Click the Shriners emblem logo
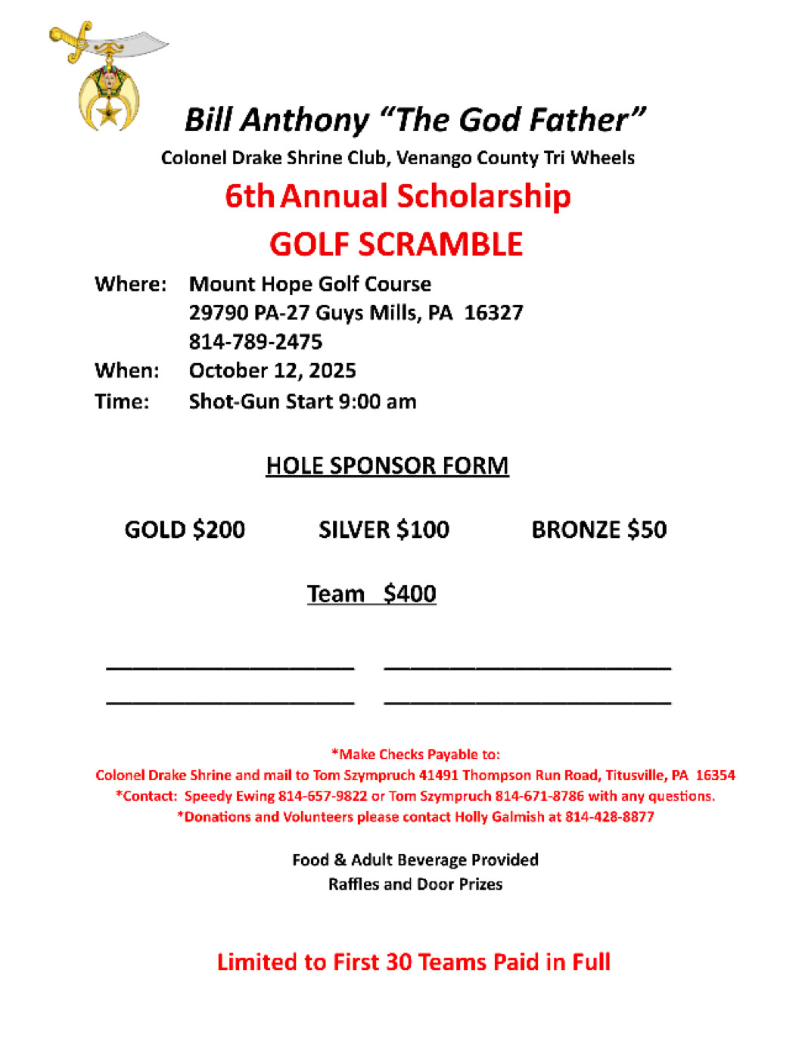(107, 77)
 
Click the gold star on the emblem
(109, 115)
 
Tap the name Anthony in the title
(306, 120)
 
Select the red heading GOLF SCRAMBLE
(396, 244)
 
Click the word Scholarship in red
(484, 196)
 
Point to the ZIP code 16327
(493, 312)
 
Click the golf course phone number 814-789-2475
(256, 342)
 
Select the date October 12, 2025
(272, 371)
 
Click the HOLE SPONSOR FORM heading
(387, 465)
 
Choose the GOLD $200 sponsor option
(185, 530)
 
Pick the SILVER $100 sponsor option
(384, 530)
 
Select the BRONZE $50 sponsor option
(598, 530)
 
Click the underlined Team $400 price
(371, 594)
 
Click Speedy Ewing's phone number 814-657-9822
(323, 796)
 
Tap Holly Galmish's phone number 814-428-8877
(610, 816)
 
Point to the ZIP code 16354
(715, 775)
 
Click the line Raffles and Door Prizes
(415, 884)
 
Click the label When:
(127, 371)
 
